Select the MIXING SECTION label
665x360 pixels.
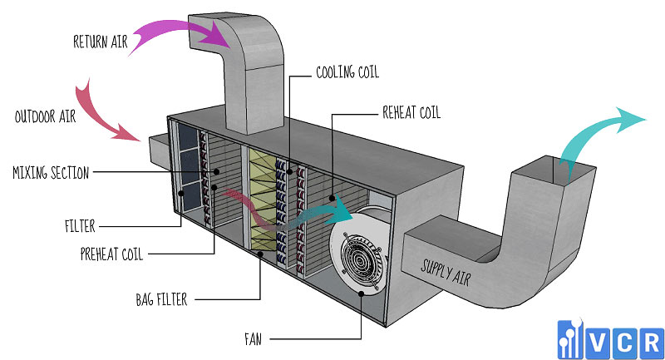click(x=51, y=173)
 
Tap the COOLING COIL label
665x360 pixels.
click(x=347, y=72)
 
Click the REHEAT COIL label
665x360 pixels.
click(x=413, y=112)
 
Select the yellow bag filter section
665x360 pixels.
click(x=260, y=200)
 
